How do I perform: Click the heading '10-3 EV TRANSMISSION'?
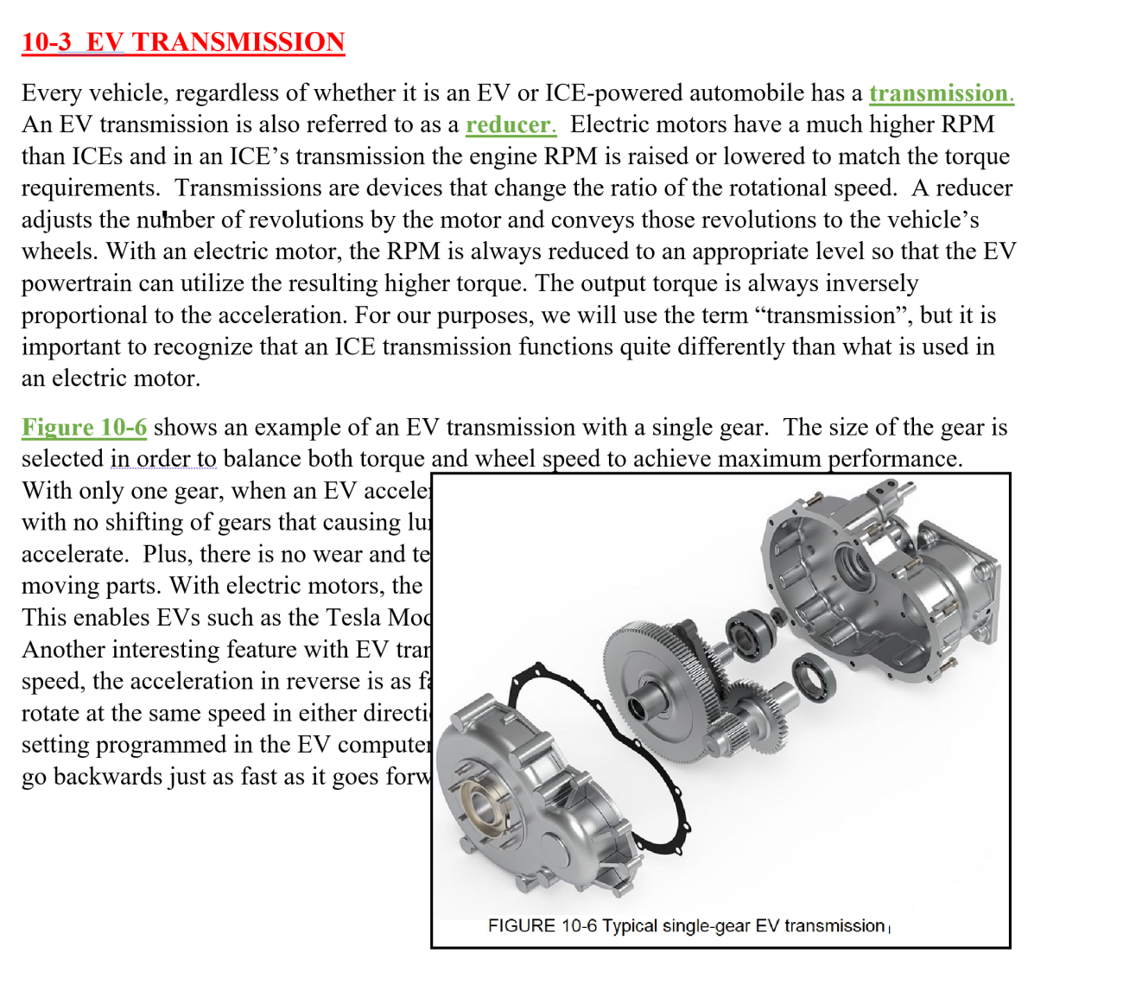[x=183, y=41]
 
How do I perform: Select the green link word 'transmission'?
[x=939, y=93]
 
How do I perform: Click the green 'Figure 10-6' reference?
[x=84, y=428]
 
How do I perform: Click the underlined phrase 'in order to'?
[x=163, y=459]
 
